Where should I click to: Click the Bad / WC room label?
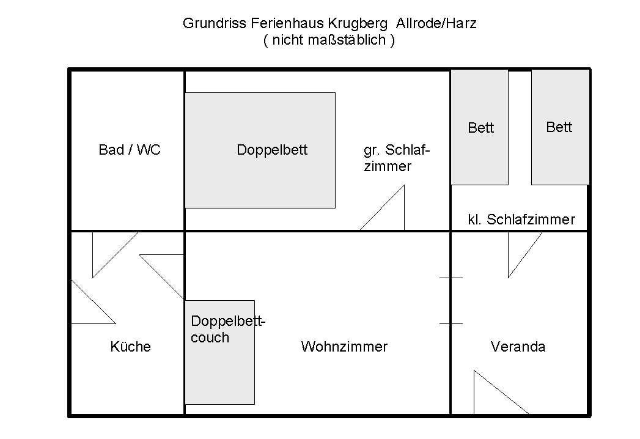[130, 150]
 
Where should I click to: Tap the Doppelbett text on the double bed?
[272, 150]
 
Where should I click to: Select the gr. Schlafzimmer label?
[396, 158]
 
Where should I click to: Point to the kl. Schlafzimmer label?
[521, 219]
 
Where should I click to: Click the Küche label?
[131, 347]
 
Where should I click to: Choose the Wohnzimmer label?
[344, 347]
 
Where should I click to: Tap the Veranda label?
[518, 347]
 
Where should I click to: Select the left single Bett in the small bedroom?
[480, 127]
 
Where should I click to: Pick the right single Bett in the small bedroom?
[560, 127]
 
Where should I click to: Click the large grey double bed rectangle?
[260, 150]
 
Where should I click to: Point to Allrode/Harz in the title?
[436, 23]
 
